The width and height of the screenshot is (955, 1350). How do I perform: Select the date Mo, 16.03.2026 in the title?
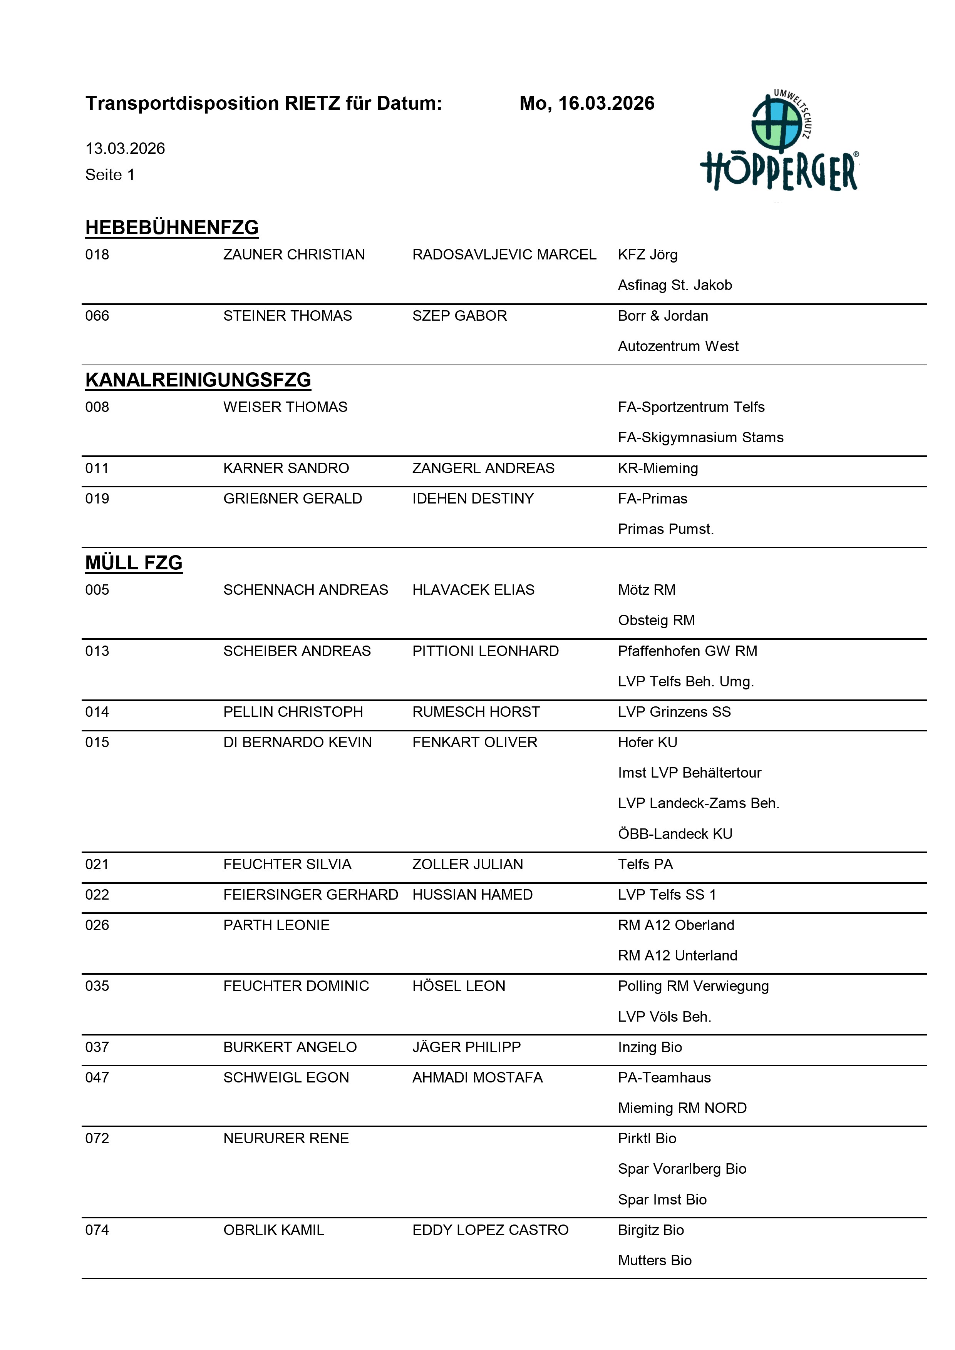(586, 104)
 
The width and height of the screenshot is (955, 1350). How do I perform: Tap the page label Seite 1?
(110, 175)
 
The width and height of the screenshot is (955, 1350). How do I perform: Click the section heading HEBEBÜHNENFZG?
(172, 228)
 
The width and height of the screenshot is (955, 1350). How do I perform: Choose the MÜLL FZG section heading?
(134, 563)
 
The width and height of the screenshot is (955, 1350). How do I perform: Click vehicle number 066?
(97, 316)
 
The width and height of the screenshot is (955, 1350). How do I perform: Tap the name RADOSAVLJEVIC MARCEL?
(504, 254)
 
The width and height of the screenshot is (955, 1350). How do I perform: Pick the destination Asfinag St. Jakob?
(675, 285)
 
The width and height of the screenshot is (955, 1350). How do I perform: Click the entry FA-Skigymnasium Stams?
(700, 437)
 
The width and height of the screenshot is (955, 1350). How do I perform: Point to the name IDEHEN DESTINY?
(473, 499)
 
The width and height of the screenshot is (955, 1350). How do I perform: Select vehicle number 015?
(97, 742)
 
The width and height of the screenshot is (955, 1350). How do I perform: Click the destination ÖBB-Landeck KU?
(675, 834)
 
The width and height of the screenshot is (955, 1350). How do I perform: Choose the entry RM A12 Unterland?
(677, 955)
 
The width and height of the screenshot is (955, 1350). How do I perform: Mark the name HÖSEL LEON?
(459, 986)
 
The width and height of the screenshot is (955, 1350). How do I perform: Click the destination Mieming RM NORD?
(682, 1108)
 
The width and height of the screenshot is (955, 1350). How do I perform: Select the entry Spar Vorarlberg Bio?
(682, 1169)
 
